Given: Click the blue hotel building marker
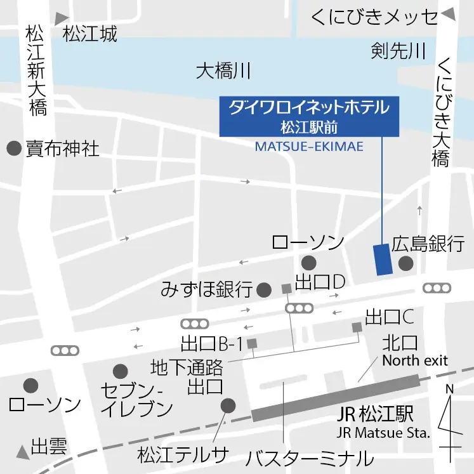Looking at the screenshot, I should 383,259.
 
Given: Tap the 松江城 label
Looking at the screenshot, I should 90,34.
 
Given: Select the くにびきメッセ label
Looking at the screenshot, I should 374,17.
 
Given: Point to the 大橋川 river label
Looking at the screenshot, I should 224,71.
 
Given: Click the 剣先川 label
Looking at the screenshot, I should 398,51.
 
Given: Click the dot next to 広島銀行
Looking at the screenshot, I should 405,263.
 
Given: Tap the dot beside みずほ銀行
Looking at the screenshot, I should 264,291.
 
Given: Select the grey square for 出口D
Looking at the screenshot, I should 286,289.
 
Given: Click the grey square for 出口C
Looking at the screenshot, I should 357,327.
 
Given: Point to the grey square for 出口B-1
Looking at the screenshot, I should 252,343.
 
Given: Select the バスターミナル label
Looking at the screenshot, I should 310,458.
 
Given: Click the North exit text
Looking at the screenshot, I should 414,360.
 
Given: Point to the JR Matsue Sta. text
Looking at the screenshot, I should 383,434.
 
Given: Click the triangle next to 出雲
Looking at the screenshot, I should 23,451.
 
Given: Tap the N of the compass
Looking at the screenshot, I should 449,389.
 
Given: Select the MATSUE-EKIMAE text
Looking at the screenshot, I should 309,147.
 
